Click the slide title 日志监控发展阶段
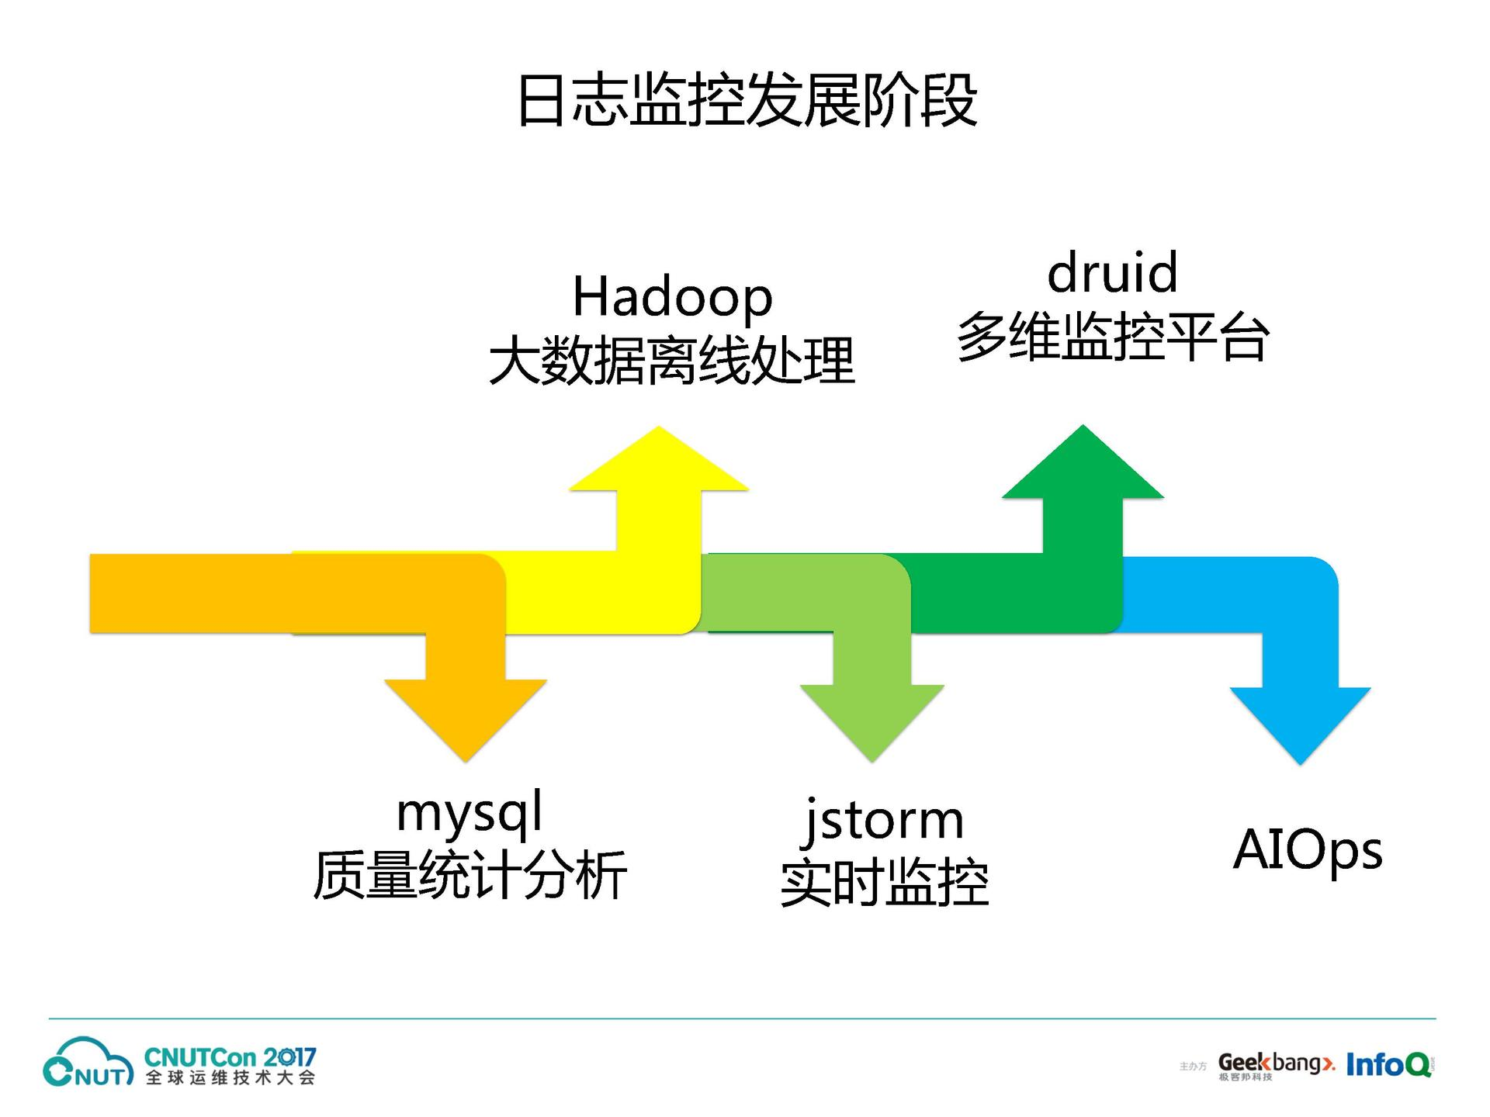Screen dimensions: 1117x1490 747,101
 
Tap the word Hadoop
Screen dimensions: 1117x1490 672,298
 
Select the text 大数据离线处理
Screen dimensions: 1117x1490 672,361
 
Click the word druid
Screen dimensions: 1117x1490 1112,274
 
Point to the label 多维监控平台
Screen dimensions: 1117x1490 1113,337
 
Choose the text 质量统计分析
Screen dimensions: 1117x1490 470,876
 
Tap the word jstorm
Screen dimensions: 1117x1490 884,820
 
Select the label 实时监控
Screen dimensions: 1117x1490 884,883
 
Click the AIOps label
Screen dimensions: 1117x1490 1308,851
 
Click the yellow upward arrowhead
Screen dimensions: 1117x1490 659,462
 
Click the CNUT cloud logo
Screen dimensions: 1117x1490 87,1062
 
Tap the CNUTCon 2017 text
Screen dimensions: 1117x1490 230,1057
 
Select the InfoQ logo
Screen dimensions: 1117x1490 1388,1064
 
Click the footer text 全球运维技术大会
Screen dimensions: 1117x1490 230,1078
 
